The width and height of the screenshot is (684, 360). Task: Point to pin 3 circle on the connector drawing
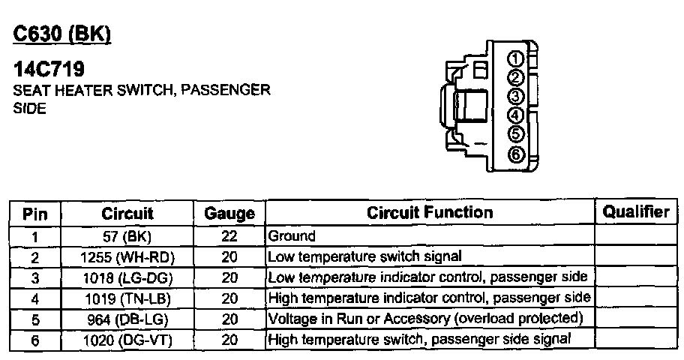[x=514, y=97]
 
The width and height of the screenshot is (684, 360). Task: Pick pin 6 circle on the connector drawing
[x=514, y=155]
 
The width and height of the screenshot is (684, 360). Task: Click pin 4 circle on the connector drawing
[x=514, y=116]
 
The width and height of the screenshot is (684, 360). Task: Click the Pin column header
[x=35, y=214]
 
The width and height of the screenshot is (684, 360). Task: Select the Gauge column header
[x=229, y=214]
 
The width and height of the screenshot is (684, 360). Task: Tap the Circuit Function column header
[x=430, y=213]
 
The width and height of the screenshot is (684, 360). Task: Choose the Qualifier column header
[x=636, y=212]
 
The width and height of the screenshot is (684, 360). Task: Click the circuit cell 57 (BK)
[x=127, y=236]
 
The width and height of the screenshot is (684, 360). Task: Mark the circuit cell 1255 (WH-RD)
[x=127, y=257]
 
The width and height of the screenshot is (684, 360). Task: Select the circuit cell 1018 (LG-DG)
[x=127, y=277]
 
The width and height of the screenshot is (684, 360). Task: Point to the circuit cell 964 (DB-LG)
[x=127, y=319]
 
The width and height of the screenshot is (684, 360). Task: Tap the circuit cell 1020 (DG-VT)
[x=127, y=339]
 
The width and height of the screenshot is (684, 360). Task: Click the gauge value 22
[x=229, y=236]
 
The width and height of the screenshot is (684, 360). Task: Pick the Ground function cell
[x=292, y=236]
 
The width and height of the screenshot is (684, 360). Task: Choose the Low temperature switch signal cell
[x=364, y=257]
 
